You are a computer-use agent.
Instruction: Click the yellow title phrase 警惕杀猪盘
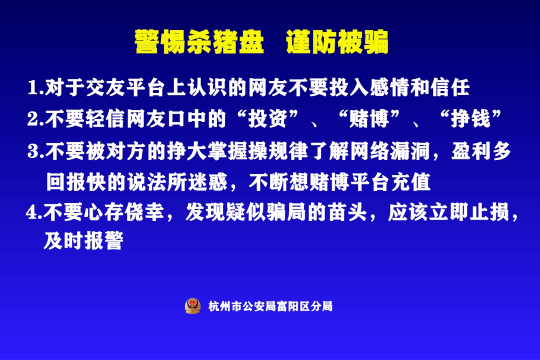[x=199, y=41]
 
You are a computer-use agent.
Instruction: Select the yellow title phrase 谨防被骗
[x=337, y=41]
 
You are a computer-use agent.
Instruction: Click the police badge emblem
[x=192, y=306]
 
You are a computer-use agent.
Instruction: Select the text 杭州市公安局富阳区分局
[x=270, y=306]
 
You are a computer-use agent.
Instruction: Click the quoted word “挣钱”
[x=471, y=119]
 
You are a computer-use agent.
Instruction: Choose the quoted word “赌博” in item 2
[x=369, y=119]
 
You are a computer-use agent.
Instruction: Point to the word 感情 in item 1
[x=389, y=87]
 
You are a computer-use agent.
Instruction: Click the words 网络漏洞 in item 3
[x=389, y=151]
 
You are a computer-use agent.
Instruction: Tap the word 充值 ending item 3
[x=411, y=181]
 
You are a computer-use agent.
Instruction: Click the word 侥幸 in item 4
[x=144, y=211]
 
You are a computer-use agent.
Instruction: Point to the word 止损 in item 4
[x=489, y=211]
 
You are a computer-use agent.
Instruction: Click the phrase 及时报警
[x=83, y=240]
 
